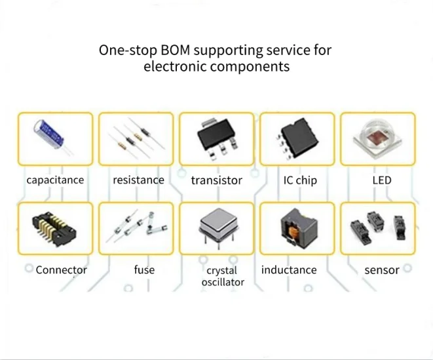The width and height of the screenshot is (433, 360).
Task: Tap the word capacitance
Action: tap(55, 180)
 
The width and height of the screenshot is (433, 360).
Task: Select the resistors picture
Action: tap(136, 138)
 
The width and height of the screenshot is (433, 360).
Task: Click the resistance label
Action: tap(138, 180)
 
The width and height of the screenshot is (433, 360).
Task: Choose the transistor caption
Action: tap(217, 180)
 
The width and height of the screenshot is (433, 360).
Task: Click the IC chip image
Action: tap(297, 137)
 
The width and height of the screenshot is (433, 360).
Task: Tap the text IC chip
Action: tap(300, 180)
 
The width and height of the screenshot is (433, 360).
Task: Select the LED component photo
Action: tap(378, 137)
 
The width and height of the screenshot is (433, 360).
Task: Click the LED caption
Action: tap(381, 180)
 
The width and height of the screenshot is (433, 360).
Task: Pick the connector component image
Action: tap(53, 228)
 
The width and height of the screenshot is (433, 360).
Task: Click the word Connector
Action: tap(61, 270)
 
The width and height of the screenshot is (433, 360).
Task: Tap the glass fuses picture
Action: tap(136, 228)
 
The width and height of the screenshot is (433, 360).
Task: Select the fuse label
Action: tap(144, 270)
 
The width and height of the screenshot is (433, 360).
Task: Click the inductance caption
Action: tap(289, 270)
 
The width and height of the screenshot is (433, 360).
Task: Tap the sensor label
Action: tap(382, 270)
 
